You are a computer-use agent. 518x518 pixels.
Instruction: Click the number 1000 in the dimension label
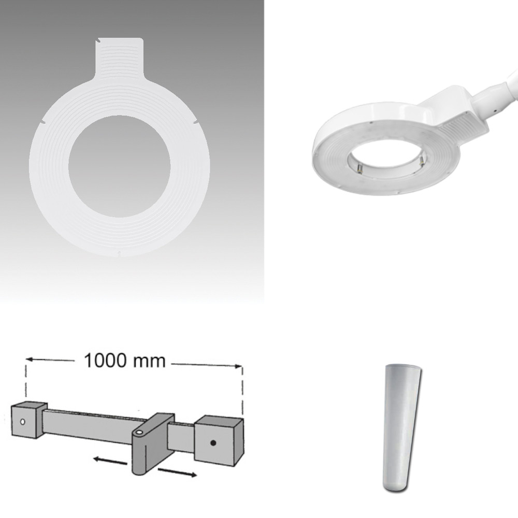pos(105,361)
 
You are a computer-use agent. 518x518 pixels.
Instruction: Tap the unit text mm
pos(149,361)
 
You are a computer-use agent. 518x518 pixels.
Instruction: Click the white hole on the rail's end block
pos(22,422)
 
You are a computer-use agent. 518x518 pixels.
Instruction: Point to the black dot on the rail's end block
pos(213,443)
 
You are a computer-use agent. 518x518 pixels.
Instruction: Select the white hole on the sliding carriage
pos(139,433)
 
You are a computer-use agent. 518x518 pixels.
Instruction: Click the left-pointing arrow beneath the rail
pos(110,461)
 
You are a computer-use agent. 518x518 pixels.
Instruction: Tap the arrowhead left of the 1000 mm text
pos(29,359)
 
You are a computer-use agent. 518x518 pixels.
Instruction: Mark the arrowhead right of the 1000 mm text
pos(238,366)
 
